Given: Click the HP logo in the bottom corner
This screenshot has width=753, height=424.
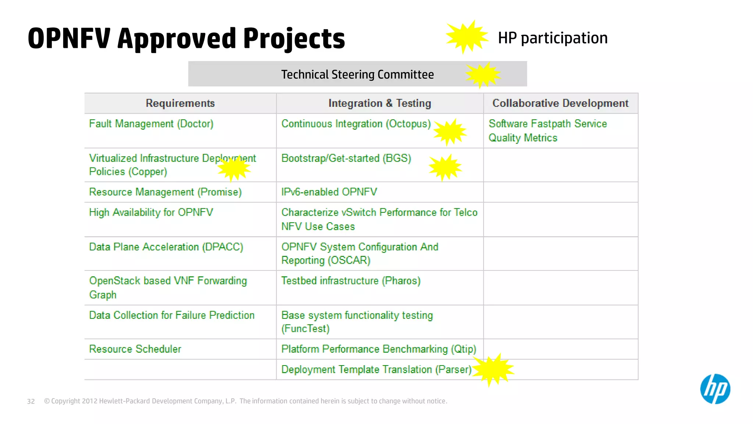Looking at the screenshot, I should [715, 389].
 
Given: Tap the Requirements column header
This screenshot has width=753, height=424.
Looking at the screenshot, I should [180, 103].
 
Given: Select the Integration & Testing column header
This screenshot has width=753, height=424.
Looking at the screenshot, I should [379, 103].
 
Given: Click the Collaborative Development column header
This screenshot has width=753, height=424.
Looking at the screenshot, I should [560, 103].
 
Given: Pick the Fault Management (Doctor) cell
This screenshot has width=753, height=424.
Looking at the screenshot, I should [151, 124].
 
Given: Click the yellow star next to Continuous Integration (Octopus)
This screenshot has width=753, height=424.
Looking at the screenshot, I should [450, 132].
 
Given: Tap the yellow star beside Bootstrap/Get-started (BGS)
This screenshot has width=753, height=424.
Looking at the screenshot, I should [445, 167].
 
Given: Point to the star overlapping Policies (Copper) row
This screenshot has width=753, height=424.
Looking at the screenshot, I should [234, 168].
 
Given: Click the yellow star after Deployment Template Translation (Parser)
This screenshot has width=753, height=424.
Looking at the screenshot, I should [493, 369].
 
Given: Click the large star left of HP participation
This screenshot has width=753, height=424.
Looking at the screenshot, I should [467, 37].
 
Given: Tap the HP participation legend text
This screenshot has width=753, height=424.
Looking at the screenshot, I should [553, 38].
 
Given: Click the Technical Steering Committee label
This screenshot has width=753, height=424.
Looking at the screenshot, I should [357, 75].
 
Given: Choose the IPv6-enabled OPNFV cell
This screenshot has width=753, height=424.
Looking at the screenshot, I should [329, 192].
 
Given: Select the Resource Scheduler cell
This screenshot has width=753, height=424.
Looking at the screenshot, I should [135, 349].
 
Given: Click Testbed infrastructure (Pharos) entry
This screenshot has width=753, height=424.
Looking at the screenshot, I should [351, 281].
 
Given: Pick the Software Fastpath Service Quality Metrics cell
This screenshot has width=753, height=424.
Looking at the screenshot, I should [547, 131].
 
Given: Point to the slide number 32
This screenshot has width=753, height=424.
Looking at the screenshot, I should [31, 401].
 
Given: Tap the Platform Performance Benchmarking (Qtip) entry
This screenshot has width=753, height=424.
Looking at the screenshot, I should [379, 349].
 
